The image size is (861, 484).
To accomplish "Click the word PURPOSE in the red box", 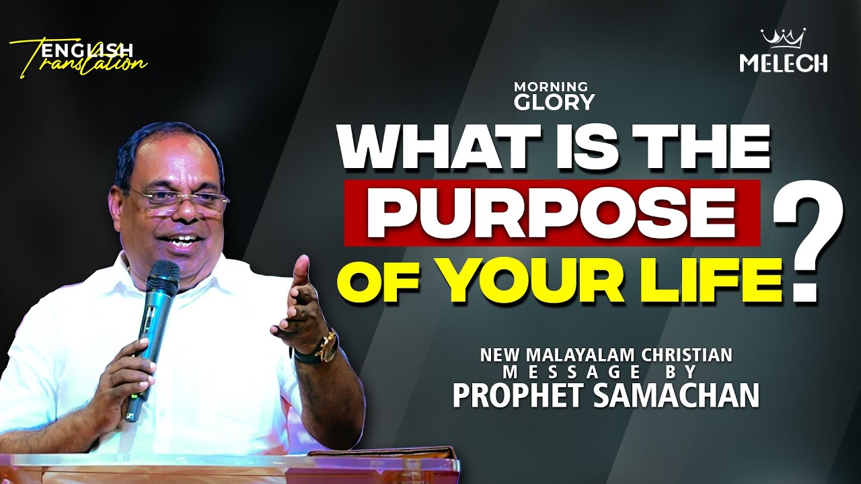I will pos(552,213).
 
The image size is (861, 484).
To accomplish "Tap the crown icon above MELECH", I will pos(784,38).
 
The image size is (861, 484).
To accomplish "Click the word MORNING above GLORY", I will pos(551,87).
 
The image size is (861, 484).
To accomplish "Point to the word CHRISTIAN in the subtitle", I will pos(687,354).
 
